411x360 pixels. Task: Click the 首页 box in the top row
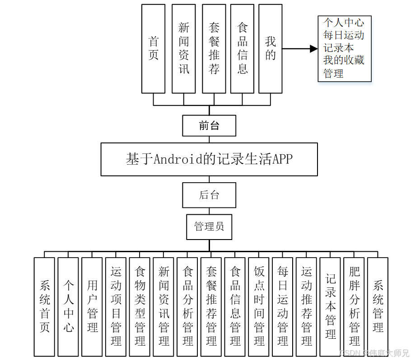[x=154, y=48]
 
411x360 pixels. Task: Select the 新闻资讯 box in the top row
[x=184, y=48]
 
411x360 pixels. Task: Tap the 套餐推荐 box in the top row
[x=214, y=48]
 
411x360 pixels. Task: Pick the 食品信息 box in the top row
[x=243, y=48]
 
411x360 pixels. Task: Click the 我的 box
[x=270, y=48]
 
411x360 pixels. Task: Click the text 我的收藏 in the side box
[x=344, y=60]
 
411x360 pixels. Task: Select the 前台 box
[x=209, y=125]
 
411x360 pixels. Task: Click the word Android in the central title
[x=177, y=159]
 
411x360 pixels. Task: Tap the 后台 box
[x=209, y=195]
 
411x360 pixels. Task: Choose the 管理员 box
[x=209, y=226]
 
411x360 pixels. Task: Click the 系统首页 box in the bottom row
[x=44, y=307]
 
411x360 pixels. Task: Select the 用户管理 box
[x=92, y=307]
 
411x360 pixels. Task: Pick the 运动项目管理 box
[x=116, y=307]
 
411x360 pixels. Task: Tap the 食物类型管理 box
[x=140, y=307]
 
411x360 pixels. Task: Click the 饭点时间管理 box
[x=259, y=307]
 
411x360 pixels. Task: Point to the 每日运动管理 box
[x=283, y=307]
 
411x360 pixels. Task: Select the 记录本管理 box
[x=331, y=307]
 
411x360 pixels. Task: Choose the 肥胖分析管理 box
[x=355, y=307]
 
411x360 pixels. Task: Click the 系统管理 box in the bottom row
[x=378, y=307]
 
